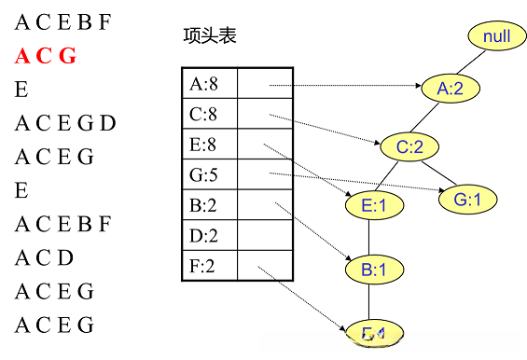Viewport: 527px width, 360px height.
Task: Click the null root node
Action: coord(496,36)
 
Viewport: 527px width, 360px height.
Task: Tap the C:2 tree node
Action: coord(409,146)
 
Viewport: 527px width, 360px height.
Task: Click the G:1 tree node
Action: coord(467,199)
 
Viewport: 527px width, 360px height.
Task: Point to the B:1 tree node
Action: coord(368,270)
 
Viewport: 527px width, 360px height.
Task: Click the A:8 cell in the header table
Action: coord(209,85)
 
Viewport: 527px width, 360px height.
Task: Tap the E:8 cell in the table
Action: coord(209,145)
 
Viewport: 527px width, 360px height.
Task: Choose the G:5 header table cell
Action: coord(209,175)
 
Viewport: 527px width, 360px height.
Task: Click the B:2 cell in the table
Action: coord(209,206)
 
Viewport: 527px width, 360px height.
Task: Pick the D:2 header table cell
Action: coord(209,236)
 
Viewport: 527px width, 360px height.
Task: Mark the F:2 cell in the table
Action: coord(209,266)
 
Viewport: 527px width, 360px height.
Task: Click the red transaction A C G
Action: coord(45,55)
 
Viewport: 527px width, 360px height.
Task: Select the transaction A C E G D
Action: coord(65,123)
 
